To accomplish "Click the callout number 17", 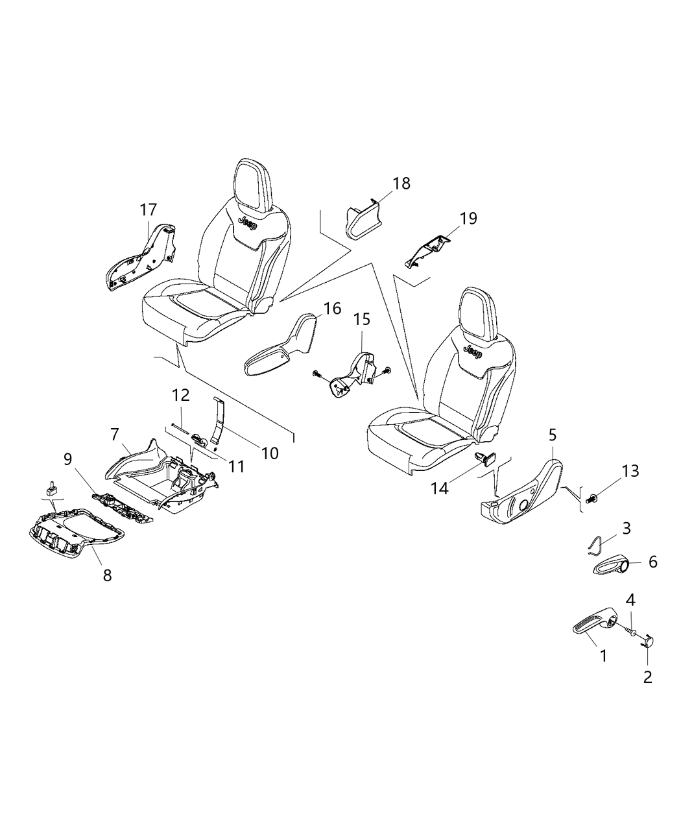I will point(148,210).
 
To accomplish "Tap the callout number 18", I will point(401,183).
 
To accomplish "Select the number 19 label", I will point(468,218).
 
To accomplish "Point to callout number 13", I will point(630,471).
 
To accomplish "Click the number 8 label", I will point(107,574).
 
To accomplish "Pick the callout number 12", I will point(180,394).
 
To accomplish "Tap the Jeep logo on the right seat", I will point(471,354).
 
